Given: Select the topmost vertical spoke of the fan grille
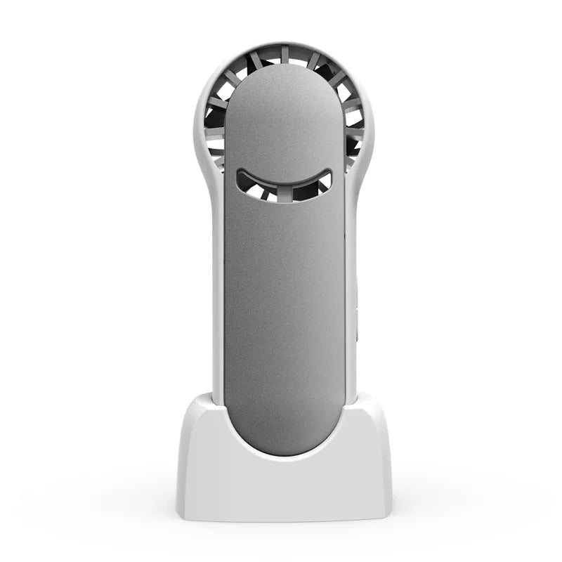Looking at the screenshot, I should point(284,54).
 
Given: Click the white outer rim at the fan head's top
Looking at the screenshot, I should point(284,44).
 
